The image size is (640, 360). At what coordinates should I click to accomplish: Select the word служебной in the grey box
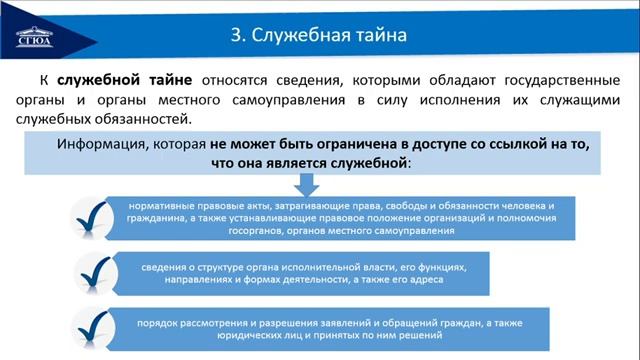click(367, 161)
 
